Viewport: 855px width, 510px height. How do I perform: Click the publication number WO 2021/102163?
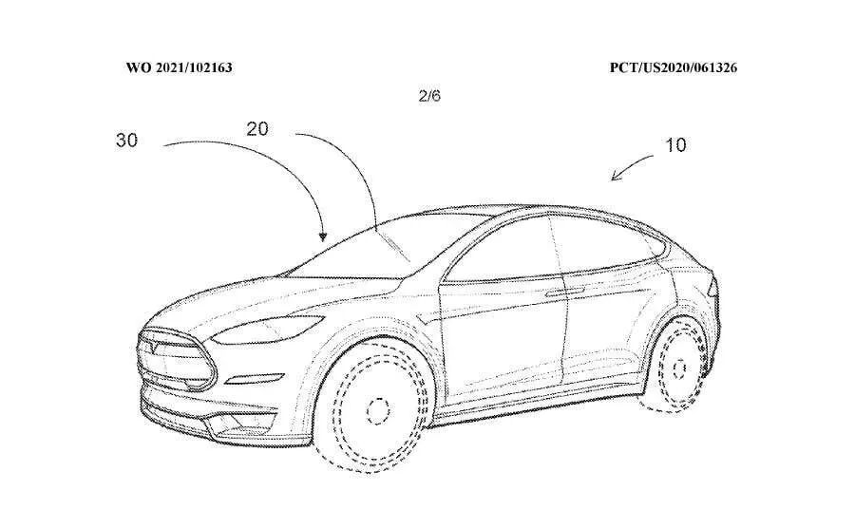click(x=180, y=68)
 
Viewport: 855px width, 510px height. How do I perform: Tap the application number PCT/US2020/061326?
click(x=674, y=68)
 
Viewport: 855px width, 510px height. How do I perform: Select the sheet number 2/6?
click(x=429, y=96)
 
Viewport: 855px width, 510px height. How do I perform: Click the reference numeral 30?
click(x=127, y=140)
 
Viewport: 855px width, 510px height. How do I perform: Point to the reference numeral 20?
click(x=258, y=129)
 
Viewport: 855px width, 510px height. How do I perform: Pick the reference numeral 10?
click(x=675, y=145)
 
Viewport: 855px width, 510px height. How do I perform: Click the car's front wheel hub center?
click(x=378, y=409)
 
